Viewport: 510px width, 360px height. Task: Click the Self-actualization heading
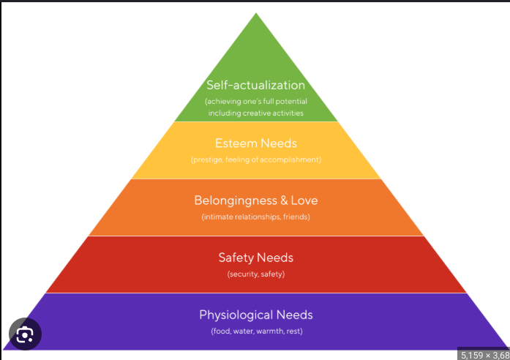[255, 86]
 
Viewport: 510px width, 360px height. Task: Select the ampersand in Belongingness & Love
[282, 200]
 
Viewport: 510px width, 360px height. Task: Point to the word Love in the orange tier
[304, 200]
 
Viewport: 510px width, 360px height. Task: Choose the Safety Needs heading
[255, 258]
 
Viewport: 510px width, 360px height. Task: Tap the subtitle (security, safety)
[255, 274]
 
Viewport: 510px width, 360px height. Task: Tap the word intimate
[219, 217]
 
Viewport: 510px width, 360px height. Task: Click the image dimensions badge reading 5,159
[484, 354]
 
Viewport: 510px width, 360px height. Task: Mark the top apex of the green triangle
[256, 13]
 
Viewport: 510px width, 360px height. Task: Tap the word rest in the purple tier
[294, 331]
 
